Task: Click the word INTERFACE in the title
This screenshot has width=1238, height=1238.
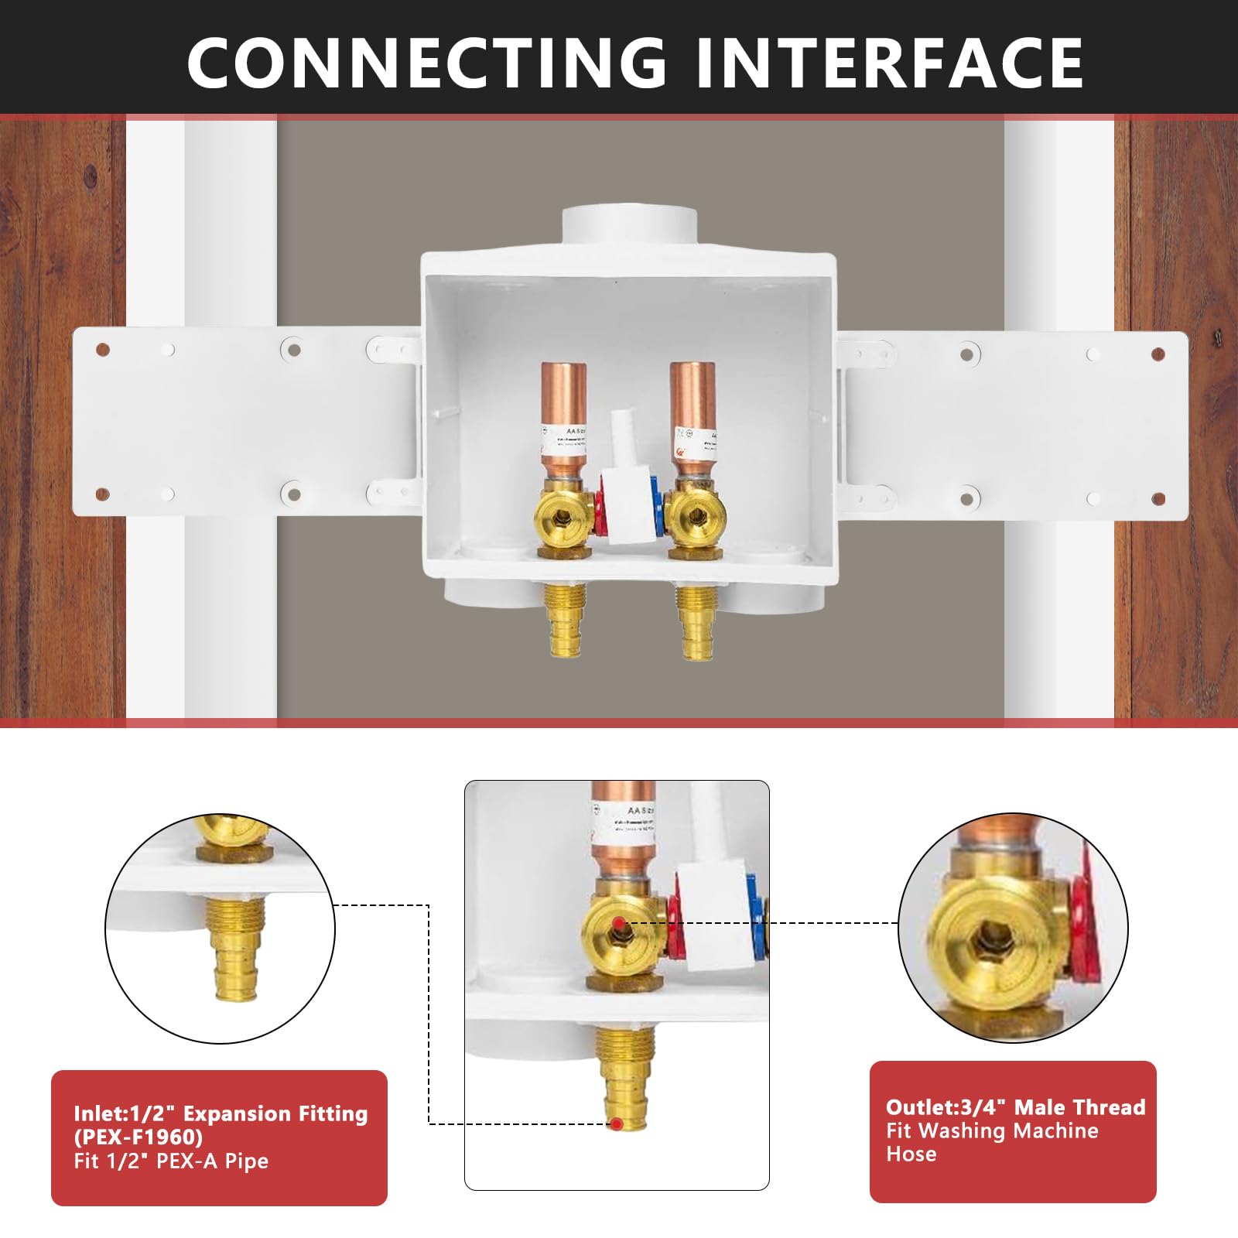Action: tap(889, 62)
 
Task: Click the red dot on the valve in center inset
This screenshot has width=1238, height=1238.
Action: tap(618, 923)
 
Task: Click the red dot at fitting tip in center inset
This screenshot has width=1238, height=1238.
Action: tap(616, 1123)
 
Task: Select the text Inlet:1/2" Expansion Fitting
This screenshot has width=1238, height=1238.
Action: tap(221, 1113)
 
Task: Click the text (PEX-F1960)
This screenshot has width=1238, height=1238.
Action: tap(139, 1137)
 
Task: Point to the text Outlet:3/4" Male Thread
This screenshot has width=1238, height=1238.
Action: tap(1015, 1107)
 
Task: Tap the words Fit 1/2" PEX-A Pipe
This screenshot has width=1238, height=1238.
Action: tap(171, 1161)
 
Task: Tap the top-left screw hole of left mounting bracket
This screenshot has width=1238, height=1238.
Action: tap(102, 351)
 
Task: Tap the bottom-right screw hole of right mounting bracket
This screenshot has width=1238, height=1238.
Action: tap(1158, 499)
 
